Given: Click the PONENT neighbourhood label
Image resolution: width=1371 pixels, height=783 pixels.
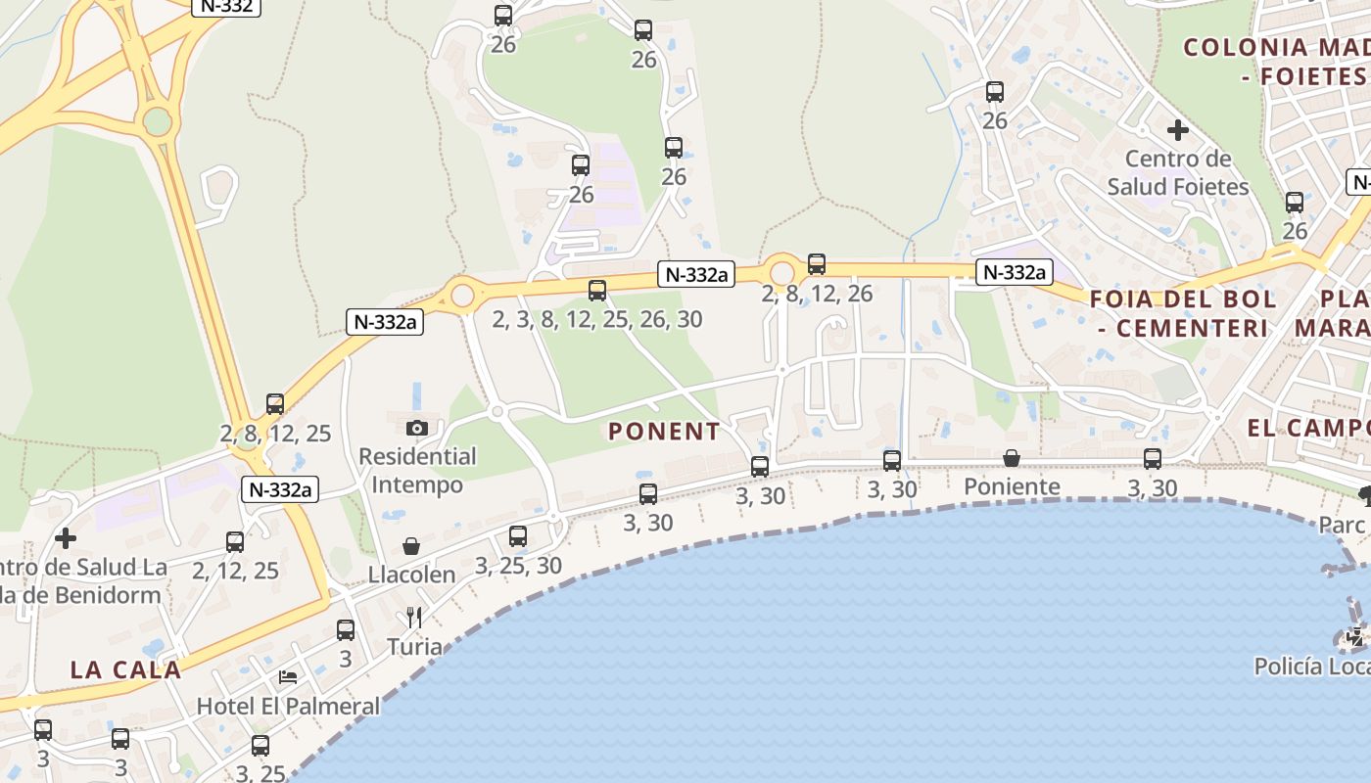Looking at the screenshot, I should pos(664,431).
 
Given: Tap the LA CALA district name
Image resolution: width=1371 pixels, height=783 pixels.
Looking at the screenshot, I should pos(125,669).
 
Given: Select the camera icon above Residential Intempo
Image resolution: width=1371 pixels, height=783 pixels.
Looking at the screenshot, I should pos(417,428).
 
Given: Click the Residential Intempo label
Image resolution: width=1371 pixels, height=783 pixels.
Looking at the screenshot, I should pos(417,470).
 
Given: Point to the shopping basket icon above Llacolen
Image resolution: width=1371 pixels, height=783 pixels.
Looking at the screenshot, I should pos(411,546).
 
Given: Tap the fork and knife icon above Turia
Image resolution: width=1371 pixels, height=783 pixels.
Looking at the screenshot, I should pos(414,617).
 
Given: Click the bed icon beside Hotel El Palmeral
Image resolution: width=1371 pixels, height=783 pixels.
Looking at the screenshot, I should pos(288,676).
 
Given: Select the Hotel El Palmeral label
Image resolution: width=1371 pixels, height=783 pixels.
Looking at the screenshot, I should pos(288,706).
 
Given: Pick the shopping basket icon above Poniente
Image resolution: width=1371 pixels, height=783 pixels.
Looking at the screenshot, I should pos(1012,458).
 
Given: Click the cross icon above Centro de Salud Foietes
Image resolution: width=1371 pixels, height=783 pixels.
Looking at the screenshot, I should pos(1178,129).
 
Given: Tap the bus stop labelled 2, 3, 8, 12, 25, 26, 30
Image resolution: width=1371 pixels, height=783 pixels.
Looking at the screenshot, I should pos(597,291).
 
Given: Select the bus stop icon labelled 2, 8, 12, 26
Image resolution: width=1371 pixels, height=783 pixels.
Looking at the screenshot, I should pos(817,264).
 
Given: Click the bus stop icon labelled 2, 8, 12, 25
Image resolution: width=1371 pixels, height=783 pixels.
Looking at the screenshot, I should pos(275,404).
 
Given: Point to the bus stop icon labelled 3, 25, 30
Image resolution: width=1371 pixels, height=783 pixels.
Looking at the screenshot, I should pos(518,536).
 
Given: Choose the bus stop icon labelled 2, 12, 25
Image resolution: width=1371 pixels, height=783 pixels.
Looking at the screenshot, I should pos(235,542).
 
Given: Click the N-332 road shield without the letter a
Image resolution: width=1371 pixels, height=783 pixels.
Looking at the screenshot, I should pos(226,6).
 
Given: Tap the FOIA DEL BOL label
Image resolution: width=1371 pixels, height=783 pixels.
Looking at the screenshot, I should pos(1183,299).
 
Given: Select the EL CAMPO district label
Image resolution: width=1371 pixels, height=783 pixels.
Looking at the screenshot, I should pos(1308,428).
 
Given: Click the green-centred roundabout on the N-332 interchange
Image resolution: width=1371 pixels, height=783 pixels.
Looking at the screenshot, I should pos(157,122).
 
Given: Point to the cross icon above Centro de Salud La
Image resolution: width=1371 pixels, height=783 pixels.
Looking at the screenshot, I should pos(66,538).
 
